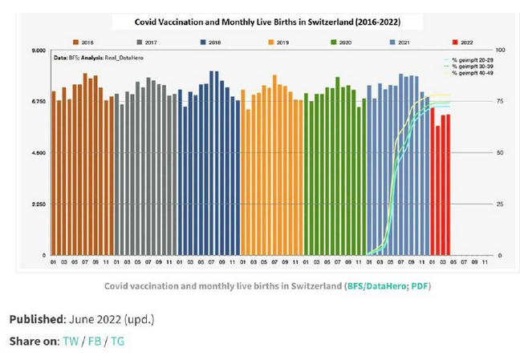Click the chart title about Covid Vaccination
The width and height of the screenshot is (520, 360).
268,21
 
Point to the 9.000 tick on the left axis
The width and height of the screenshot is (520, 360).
37,51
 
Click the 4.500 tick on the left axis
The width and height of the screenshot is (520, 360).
37,153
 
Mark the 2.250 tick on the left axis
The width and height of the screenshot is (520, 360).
37,204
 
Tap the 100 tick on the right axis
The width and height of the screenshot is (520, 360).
501,51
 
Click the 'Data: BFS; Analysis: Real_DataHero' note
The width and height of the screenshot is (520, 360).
94,59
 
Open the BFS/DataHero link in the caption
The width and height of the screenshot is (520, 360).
375,285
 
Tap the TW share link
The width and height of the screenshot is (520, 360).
71,341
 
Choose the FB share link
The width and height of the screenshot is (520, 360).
95,341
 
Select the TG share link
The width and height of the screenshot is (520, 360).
117,341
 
